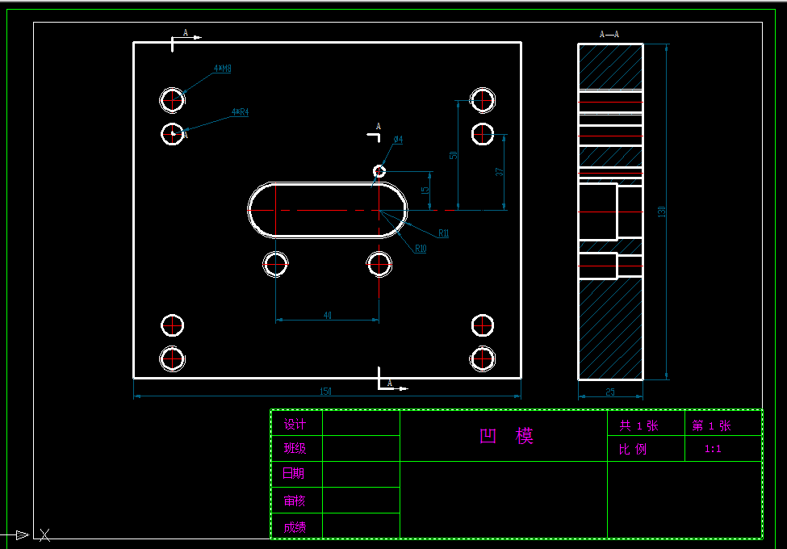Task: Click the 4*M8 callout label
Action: click(x=223, y=69)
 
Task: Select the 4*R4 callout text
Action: click(x=240, y=112)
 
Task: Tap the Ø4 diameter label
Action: click(x=398, y=140)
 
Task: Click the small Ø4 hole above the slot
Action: click(x=379, y=170)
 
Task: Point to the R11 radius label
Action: click(x=444, y=233)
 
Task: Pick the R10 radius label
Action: click(x=421, y=249)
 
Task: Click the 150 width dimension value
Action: click(x=326, y=392)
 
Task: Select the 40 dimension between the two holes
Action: click(x=328, y=316)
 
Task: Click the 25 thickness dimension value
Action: click(x=609, y=392)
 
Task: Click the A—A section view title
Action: click(x=609, y=34)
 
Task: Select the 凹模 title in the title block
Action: click(x=507, y=437)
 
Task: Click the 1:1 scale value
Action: click(x=713, y=449)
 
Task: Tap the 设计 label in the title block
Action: click(x=295, y=425)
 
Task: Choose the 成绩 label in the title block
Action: click(x=295, y=527)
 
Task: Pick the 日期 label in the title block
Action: click(x=294, y=474)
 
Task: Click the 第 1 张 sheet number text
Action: click(x=711, y=425)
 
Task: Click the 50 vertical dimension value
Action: click(x=454, y=154)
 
